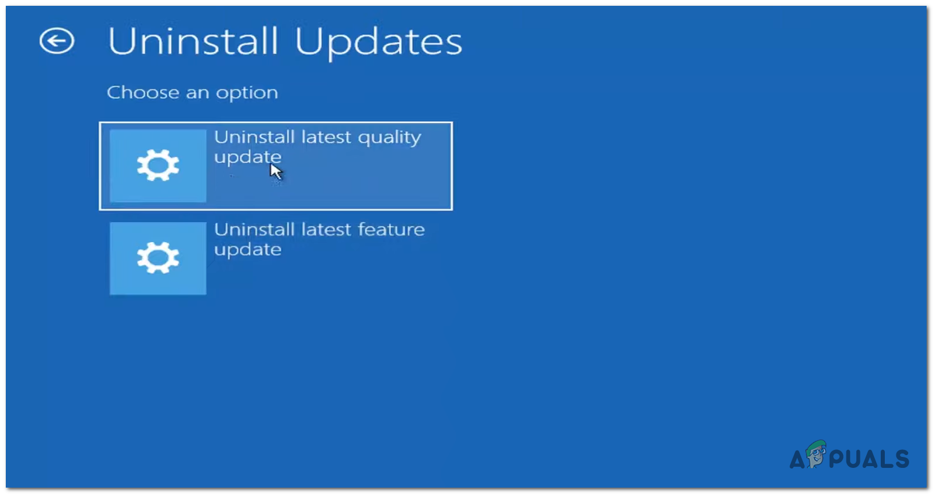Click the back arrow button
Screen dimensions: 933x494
click(x=57, y=41)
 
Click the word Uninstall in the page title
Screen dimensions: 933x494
click(x=192, y=41)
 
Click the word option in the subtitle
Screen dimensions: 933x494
click(x=247, y=93)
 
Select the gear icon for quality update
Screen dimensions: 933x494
click(x=158, y=165)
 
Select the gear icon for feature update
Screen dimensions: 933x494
click(x=158, y=257)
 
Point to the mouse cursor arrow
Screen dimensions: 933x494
click(x=275, y=171)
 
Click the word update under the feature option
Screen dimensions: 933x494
click(x=248, y=250)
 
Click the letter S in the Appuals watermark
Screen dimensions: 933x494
click(x=902, y=459)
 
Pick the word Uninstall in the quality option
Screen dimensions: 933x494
click(x=254, y=137)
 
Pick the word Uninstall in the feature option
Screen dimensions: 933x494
click(x=254, y=229)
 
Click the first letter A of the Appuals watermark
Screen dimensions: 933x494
click(x=797, y=459)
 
